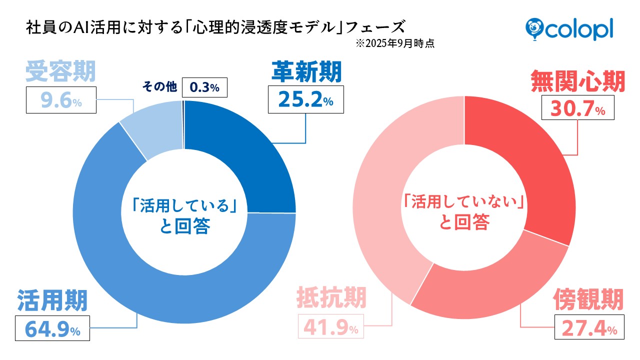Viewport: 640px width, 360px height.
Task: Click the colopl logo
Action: pos(569,28)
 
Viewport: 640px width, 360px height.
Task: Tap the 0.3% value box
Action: pos(205,87)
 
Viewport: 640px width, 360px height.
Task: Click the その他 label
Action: pos(159,87)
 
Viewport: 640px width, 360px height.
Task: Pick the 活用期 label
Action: pos(52,300)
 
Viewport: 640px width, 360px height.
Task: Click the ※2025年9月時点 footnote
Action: pos(394,43)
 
